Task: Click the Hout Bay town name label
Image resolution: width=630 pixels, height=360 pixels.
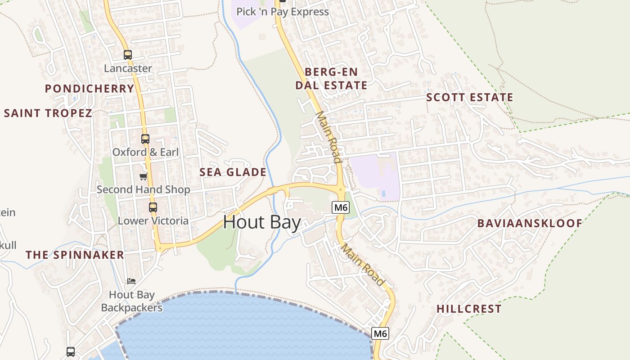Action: (x=262, y=222)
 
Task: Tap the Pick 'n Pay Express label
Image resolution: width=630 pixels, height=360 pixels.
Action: (x=283, y=12)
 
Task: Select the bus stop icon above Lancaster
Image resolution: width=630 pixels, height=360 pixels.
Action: (x=128, y=55)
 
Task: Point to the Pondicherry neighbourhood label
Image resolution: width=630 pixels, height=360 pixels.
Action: (x=90, y=88)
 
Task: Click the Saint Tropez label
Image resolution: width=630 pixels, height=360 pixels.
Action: (x=48, y=113)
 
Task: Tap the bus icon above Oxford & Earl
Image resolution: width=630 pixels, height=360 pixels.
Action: (x=145, y=139)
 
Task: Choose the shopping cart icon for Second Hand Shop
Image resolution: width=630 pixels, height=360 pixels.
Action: (x=143, y=176)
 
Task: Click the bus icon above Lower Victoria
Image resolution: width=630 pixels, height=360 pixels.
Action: (x=153, y=207)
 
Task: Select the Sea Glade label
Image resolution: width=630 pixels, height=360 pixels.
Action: (x=233, y=172)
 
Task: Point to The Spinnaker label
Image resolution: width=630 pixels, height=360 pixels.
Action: (x=75, y=255)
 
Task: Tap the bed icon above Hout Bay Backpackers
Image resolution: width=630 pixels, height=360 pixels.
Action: (x=131, y=281)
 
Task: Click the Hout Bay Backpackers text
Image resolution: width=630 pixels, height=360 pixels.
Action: (x=132, y=301)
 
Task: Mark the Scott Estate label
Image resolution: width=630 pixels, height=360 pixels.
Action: (x=469, y=97)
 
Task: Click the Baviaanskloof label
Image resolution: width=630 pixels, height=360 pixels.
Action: (x=530, y=223)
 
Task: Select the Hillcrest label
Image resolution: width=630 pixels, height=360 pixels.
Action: (x=469, y=309)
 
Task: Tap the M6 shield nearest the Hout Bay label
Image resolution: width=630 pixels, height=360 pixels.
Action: (x=341, y=207)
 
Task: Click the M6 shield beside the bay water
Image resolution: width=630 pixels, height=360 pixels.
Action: (x=380, y=333)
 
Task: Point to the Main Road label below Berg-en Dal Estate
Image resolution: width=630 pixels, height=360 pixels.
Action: (x=328, y=137)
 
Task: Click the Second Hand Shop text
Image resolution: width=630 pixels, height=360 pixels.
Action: (x=143, y=189)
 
